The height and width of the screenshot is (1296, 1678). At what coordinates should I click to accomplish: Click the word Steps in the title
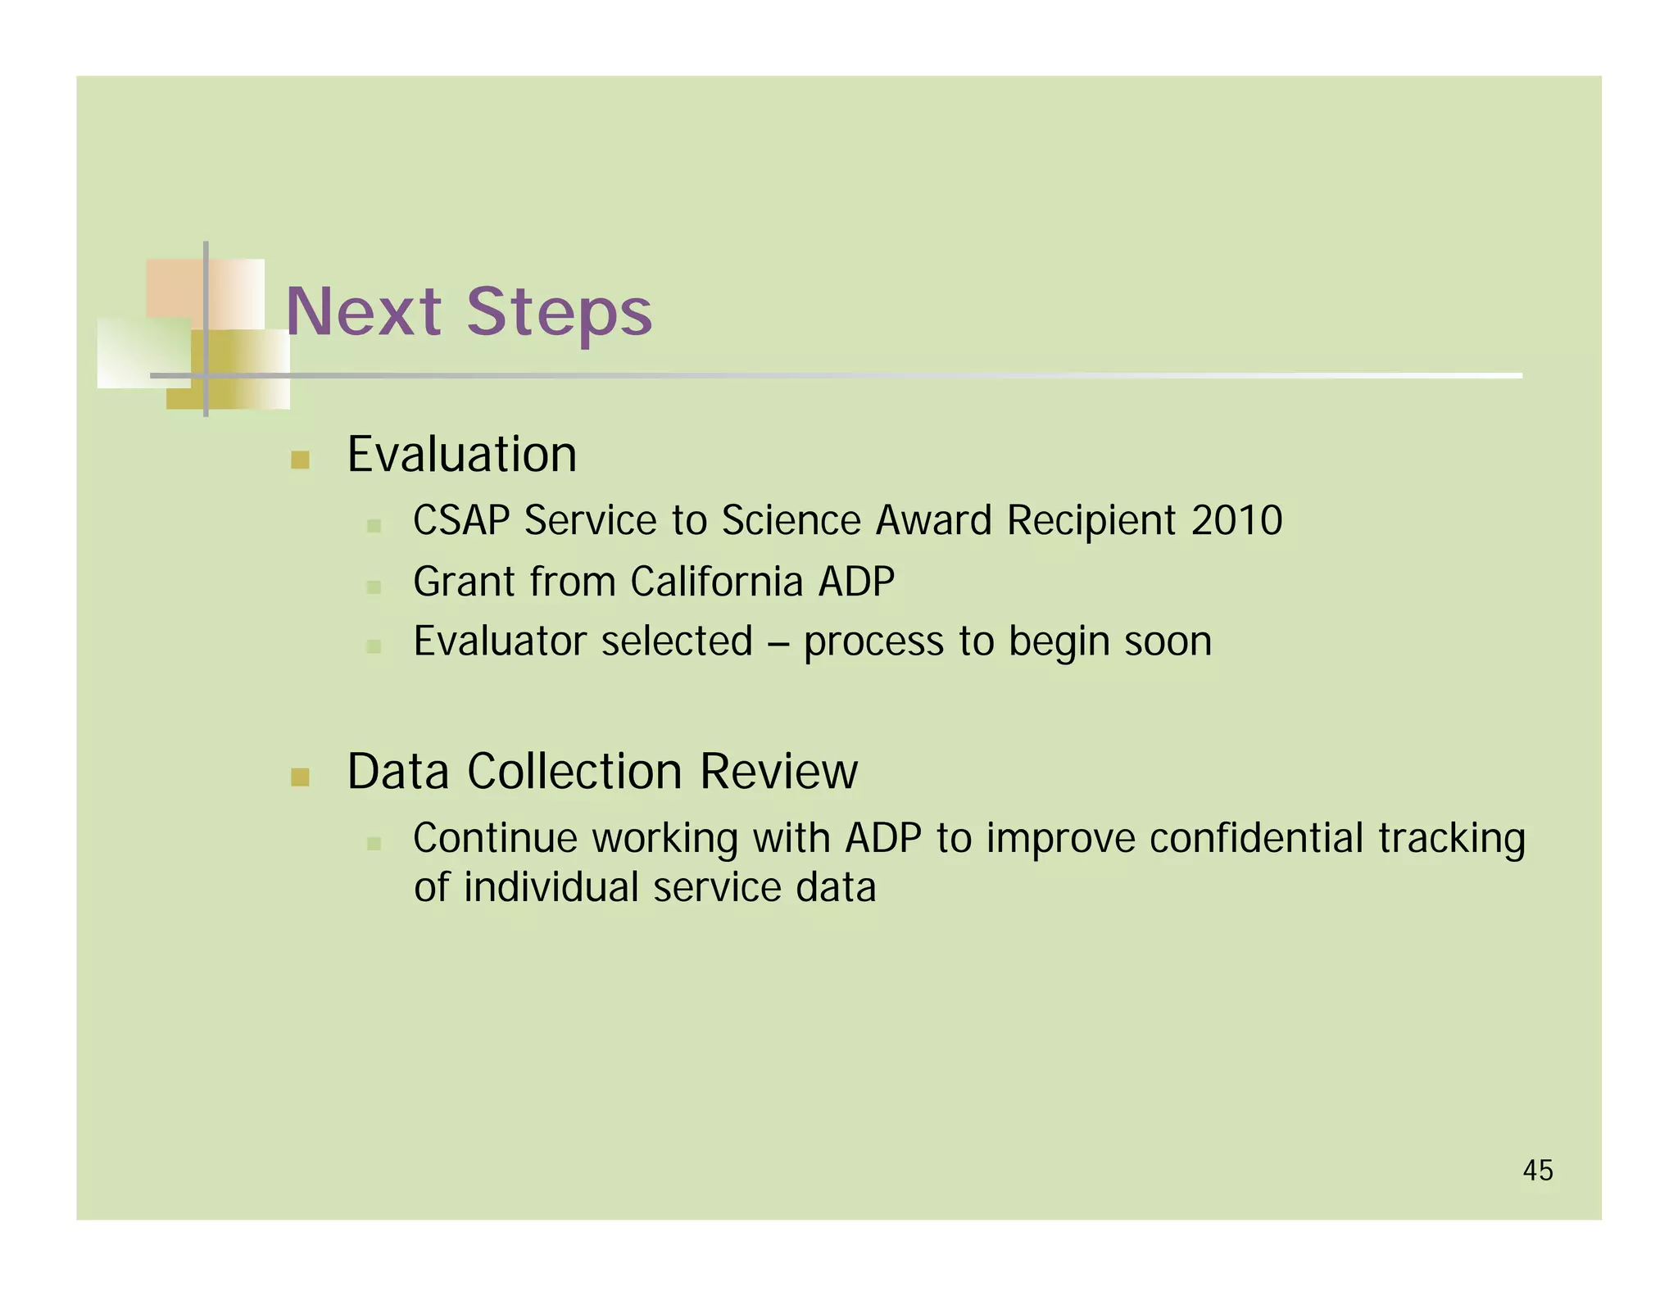point(559,313)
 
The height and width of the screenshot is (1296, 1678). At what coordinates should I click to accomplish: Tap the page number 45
point(1537,1171)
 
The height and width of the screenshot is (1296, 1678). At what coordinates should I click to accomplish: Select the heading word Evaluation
point(461,455)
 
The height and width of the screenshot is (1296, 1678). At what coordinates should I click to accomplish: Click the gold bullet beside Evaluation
point(300,460)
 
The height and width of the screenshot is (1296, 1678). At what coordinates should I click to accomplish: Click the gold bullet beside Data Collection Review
point(300,777)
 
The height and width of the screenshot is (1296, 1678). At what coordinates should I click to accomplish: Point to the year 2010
point(1236,520)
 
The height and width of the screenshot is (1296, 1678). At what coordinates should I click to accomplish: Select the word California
point(716,582)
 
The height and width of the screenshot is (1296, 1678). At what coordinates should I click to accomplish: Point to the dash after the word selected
point(778,642)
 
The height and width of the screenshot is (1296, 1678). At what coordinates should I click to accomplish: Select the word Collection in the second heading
point(574,772)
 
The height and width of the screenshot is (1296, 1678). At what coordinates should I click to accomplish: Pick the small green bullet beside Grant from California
point(374,587)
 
